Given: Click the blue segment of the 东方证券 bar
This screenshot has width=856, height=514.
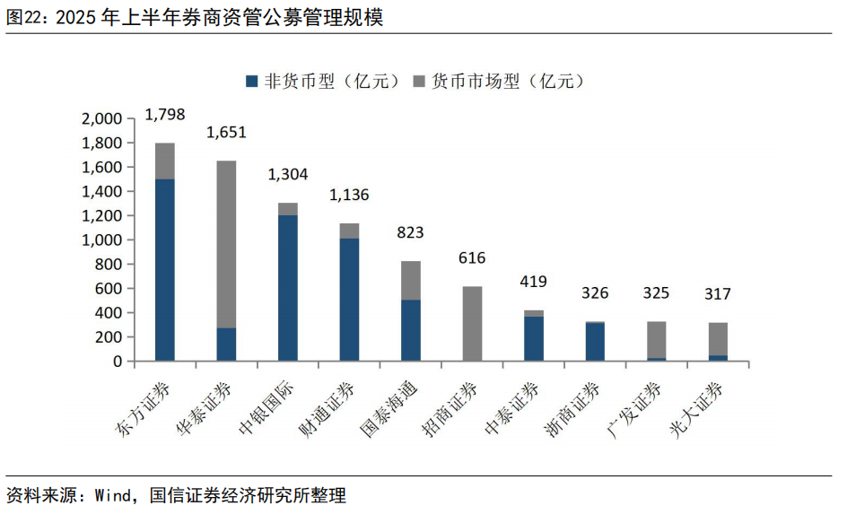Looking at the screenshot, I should (164, 269).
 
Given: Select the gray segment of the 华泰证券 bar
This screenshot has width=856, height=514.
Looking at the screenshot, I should (226, 244).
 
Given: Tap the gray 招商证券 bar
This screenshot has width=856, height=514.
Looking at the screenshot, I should (472, 324).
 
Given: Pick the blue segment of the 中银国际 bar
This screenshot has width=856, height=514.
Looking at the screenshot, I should (287, 288).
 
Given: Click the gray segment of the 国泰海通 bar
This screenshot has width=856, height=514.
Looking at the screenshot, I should (410, 280).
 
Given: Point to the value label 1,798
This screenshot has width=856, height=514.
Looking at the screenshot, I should (164, 114).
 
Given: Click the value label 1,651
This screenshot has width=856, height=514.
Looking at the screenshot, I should (226, 133).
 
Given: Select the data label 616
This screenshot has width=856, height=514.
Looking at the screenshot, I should (472, 258).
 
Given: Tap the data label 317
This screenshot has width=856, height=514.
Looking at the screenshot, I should (718, 294).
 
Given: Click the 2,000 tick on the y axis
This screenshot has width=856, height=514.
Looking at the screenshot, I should (100, 119).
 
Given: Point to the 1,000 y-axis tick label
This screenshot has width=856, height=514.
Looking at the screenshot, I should (100, 240).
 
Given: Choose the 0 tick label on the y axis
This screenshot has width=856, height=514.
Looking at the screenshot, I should (116, 362).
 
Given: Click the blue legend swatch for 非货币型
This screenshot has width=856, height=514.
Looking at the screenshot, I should (251, 82).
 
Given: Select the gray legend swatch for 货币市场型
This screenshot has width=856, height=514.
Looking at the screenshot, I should (419, 82).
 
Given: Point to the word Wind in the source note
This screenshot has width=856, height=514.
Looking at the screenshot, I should (112, 495).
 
